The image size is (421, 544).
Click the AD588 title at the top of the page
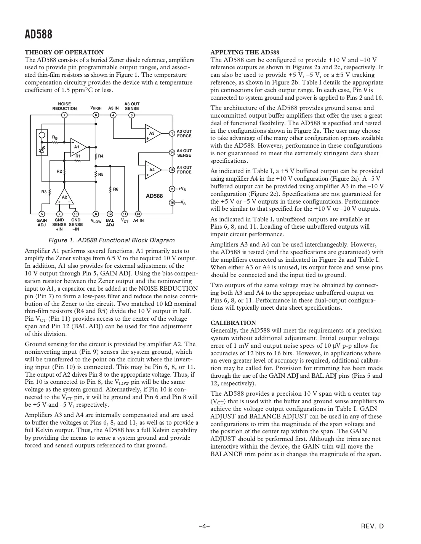pos(38,35)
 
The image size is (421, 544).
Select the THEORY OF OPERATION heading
pos(64,52)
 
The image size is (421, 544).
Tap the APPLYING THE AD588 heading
pos(245,52)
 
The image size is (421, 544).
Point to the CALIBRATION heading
pos(233,323)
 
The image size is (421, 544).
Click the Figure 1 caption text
pos(112,240)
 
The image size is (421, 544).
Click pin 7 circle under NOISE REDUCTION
pos(64,115)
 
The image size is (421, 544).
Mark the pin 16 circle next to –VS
pos(172,202)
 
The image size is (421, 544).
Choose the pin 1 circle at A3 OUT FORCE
pos(172,133)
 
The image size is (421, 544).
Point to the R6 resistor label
pos(116,189)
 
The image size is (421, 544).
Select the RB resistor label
pos(55,137)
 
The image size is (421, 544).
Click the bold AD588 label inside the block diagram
pos(154,196)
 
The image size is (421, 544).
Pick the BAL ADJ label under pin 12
pos(110,223)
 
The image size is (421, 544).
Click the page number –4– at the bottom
pos(205,527)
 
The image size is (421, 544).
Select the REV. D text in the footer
pos(372,527)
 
